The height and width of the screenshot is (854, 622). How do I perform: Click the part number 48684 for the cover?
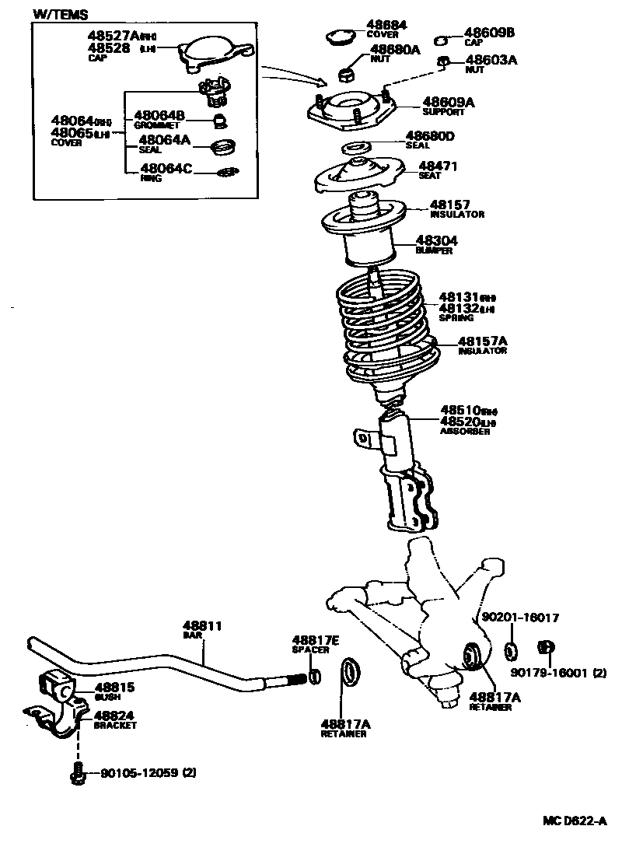[x=386, y=25]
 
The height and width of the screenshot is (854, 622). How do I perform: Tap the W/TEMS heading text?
[x=61, y=15]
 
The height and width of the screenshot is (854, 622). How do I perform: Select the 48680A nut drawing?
[x=348, y=74]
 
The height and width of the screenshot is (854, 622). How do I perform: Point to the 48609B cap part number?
[x=489, y=33]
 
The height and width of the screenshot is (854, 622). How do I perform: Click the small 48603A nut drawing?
[x=442, y=61]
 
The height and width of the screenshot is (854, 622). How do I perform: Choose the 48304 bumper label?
[x=438, y=241]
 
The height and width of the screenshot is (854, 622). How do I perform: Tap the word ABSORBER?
[x=465, y=431]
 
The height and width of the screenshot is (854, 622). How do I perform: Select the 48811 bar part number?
[x=203, y=625]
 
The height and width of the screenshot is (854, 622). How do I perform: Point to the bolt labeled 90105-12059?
[x=76, y=773]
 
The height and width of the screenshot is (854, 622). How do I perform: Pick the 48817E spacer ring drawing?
[x=313, y=677]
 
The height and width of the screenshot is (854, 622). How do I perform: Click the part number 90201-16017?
[x=520, y=617]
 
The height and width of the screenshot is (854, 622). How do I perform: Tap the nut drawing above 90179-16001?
[x=545, y=647]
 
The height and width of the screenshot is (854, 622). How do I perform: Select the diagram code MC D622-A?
[x=574, y=821]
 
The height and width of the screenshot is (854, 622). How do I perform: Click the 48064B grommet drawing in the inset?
[x=221, y=120]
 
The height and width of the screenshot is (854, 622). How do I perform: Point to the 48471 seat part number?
[x=439, y=166]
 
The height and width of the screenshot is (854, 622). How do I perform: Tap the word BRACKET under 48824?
[x=114, y=725]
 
